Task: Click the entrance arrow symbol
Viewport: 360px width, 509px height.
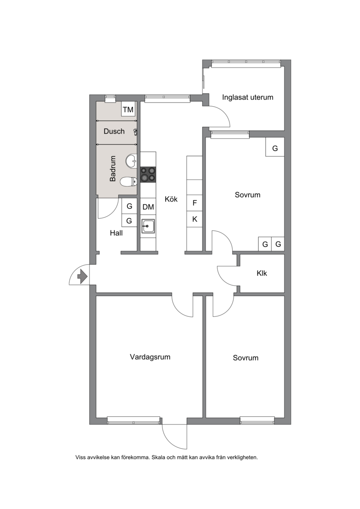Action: [83, 277]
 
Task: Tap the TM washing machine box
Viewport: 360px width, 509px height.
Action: [128, 109]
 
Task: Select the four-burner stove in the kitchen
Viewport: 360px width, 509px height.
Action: [148, 174]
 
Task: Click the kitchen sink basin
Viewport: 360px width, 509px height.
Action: [148, 226]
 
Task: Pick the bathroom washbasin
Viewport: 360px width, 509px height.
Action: [131, 160]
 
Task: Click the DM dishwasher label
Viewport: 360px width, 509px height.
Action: [148, 207]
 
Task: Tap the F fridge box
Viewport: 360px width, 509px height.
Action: [194, 203]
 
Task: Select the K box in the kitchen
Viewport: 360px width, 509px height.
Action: [194, 219]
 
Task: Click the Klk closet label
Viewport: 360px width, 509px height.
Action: [261, 273]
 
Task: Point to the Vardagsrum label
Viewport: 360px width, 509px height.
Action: [150, 357]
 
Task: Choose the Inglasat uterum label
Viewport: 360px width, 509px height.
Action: [247, 97]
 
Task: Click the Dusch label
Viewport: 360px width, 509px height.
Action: [114, 131]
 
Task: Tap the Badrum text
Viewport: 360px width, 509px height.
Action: [112, 168]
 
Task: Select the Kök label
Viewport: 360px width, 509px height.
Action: [171, 199]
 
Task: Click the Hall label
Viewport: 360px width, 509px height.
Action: [116, 233]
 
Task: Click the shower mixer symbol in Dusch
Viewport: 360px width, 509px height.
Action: [136, 131]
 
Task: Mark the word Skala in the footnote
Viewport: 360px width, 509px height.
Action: [158, 457]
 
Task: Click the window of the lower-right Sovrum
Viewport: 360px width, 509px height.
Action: [257, 421]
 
